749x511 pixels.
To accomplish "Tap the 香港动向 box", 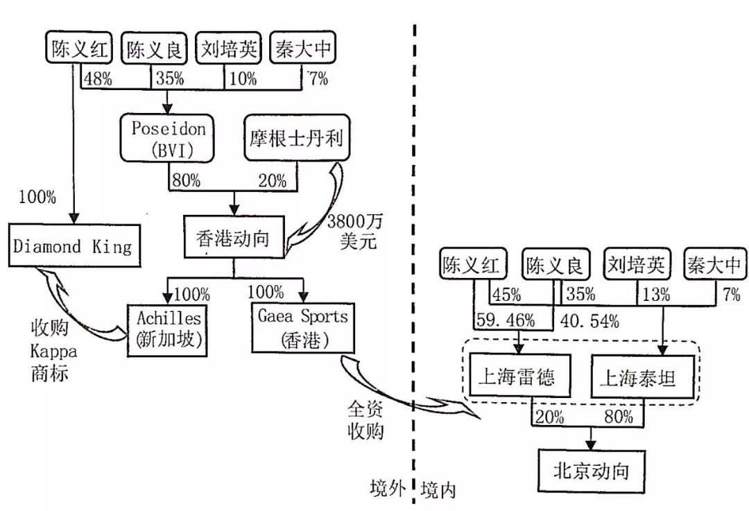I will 234,239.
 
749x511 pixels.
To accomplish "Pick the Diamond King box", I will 75,245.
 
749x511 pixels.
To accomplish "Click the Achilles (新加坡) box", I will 166,329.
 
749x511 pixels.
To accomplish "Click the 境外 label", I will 387,489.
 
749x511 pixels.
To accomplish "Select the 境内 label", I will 438,490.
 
